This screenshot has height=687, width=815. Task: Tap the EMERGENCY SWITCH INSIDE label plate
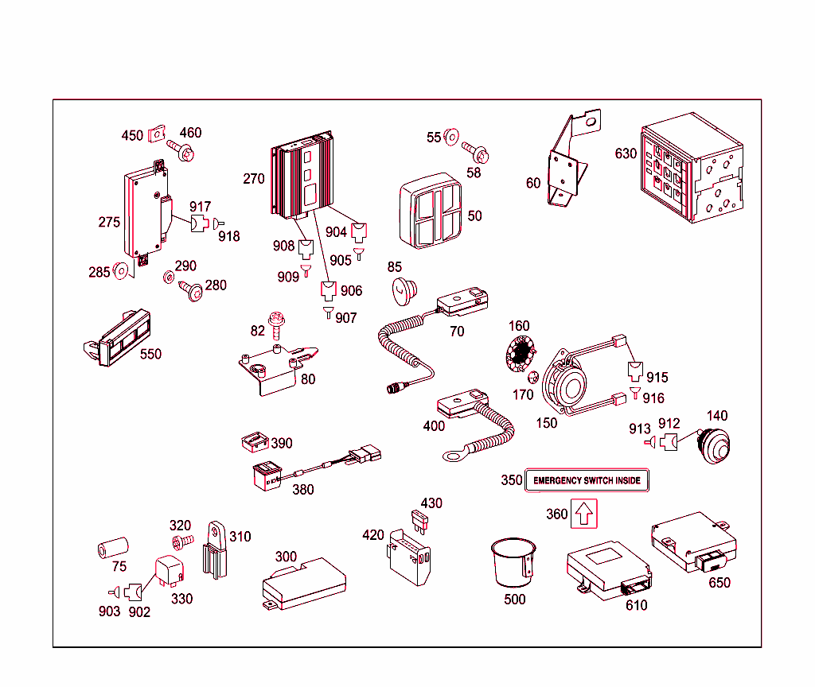coord(587,481)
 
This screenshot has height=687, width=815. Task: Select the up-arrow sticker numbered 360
coord(583,514)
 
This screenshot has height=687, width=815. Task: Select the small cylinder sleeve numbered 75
coord(113,550)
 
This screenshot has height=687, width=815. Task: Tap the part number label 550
coord(150,354)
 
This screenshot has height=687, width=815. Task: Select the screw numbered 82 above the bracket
coord(278,322)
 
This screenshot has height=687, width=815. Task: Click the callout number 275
coord(109,222)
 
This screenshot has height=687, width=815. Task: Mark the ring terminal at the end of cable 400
coord(454,455)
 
